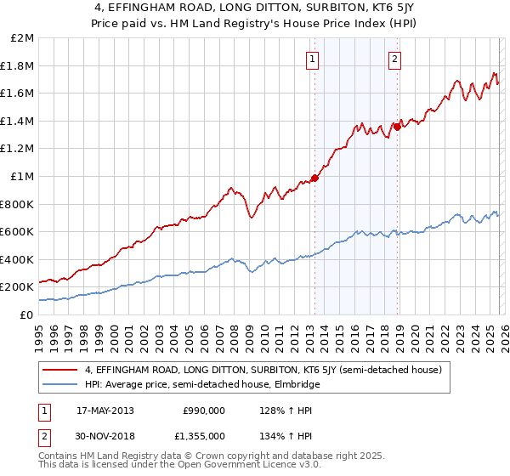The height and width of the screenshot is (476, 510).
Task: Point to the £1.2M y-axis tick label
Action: (19, 149)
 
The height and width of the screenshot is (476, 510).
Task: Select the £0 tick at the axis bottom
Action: (27, 314)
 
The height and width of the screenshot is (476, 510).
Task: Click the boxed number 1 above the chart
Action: (313, 59)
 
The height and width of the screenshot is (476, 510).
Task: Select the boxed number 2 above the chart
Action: (395, 59)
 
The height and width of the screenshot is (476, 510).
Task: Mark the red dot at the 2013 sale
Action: (314, 178)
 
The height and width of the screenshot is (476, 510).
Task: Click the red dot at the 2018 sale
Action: (396, 127)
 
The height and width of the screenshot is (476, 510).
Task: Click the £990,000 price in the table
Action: (203, 411)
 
